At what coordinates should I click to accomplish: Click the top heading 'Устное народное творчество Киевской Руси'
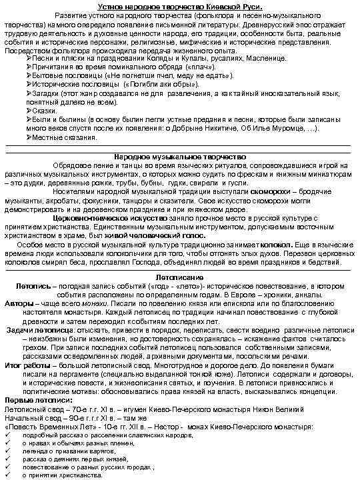click(180, 6)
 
